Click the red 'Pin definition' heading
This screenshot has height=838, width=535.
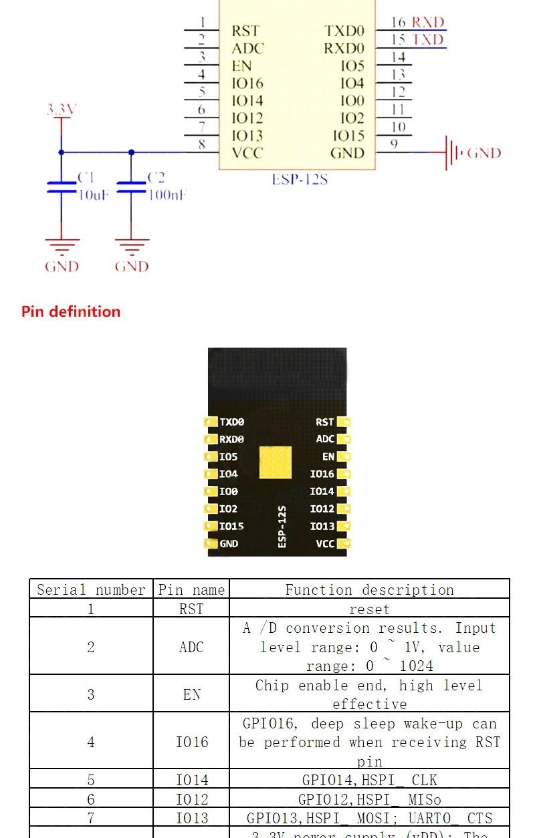[71, 311]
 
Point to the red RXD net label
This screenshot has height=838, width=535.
[428, 23]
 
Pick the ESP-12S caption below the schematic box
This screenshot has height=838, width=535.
[299, 180]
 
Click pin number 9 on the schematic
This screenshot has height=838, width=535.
[395, 144]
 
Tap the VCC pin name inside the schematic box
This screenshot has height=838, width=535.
[247, 153]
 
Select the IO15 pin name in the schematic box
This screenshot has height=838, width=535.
[348, 136]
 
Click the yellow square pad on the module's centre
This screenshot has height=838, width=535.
[276, 462]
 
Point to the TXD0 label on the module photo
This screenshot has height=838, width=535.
[232, 422]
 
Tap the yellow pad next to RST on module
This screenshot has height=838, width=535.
[344, 422]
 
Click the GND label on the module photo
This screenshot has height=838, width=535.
[229, 544]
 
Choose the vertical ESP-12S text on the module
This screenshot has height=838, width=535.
[282, 527]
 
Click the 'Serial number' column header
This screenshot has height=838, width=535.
[91, 589]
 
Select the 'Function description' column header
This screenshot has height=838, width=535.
[369, 589]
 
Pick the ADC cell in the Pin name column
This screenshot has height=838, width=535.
[191, 647]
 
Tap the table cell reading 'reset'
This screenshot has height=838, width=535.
[369, 609]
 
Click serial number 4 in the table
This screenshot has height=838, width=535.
[91, 742]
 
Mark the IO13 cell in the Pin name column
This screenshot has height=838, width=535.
[191, 818]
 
